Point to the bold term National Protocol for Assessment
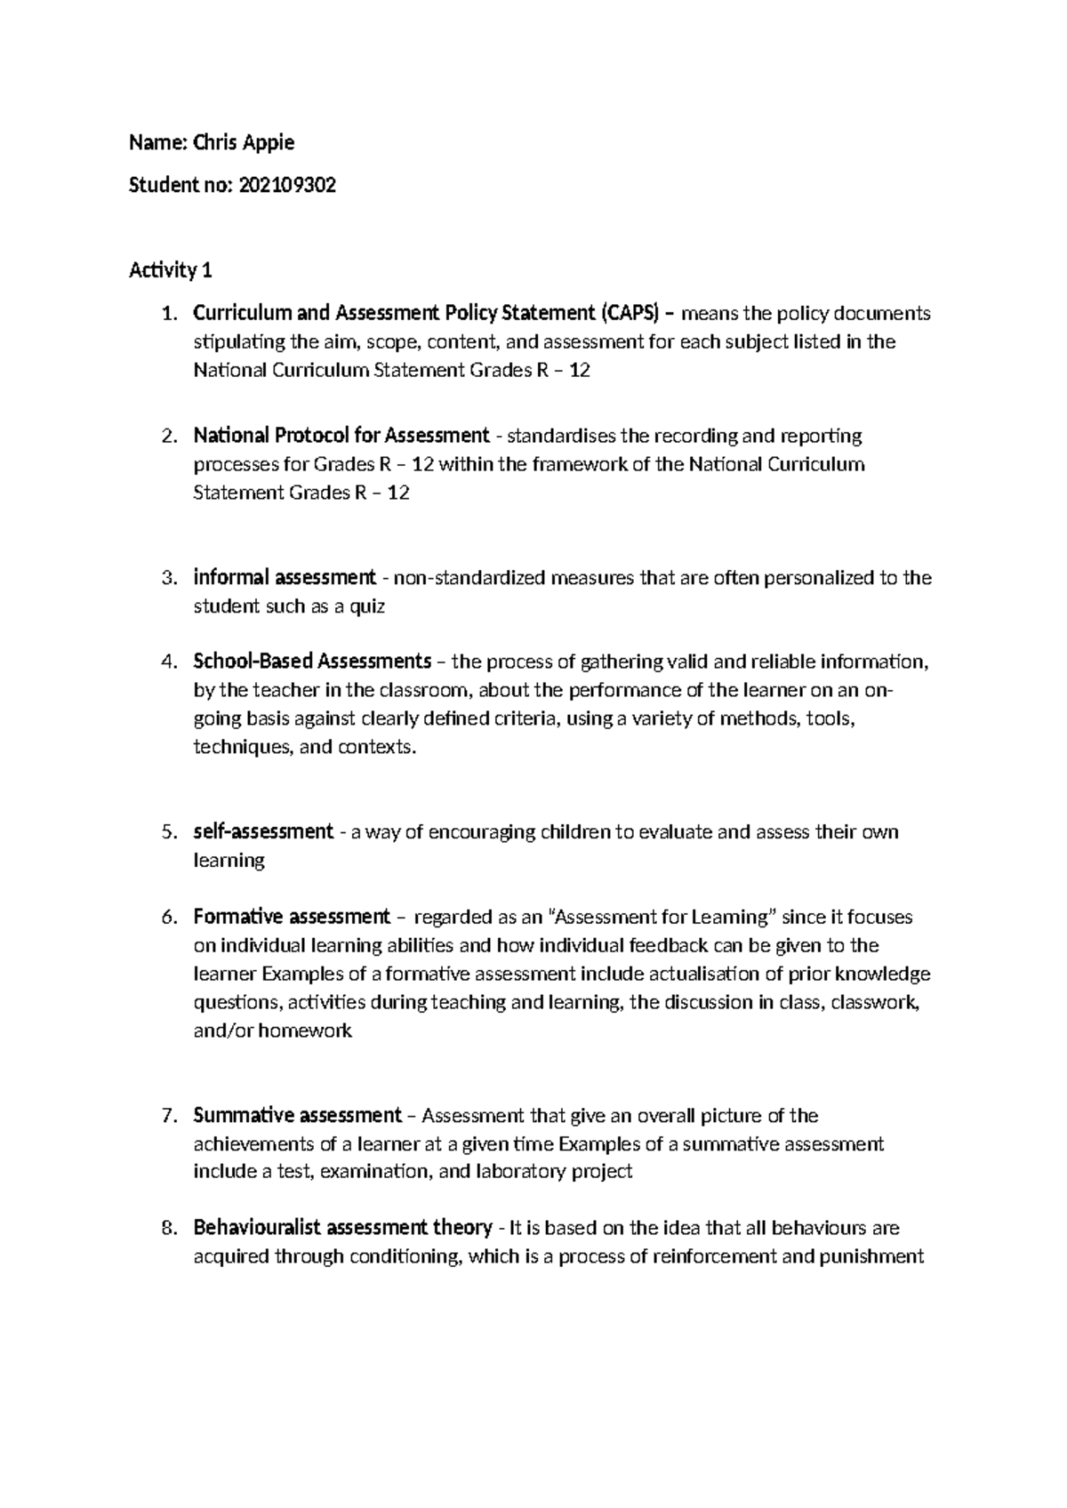(341, 436)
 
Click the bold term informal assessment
(285, 578)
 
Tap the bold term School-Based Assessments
(312, 662)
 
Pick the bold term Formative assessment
(292, 917)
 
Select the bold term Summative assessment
(298, 1115)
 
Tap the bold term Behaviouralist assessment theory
(343, 1228)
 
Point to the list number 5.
(169, 832)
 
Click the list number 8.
(169, 1228)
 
